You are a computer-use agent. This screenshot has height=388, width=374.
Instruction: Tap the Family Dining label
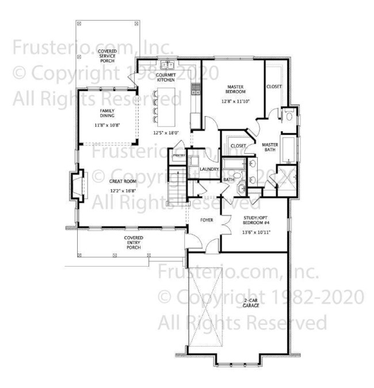pyautogui.click(x=107, y=112)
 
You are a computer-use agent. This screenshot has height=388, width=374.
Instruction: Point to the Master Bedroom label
pyautogui.click(x=236, y=89)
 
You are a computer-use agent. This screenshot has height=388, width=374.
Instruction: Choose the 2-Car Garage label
pyautogui.click(x=251, y=302)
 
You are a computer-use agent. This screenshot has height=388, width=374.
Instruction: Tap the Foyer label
pyautogui.click(x=207, y=220)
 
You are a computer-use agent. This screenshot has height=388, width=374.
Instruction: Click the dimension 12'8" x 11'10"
pyautogui.click(x=235, y=102)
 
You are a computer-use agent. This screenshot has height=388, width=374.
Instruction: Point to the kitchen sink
pyautogui.click(x=168, y=65)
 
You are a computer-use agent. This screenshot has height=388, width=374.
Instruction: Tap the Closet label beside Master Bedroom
pyautogui.click(x=274, y=87)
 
